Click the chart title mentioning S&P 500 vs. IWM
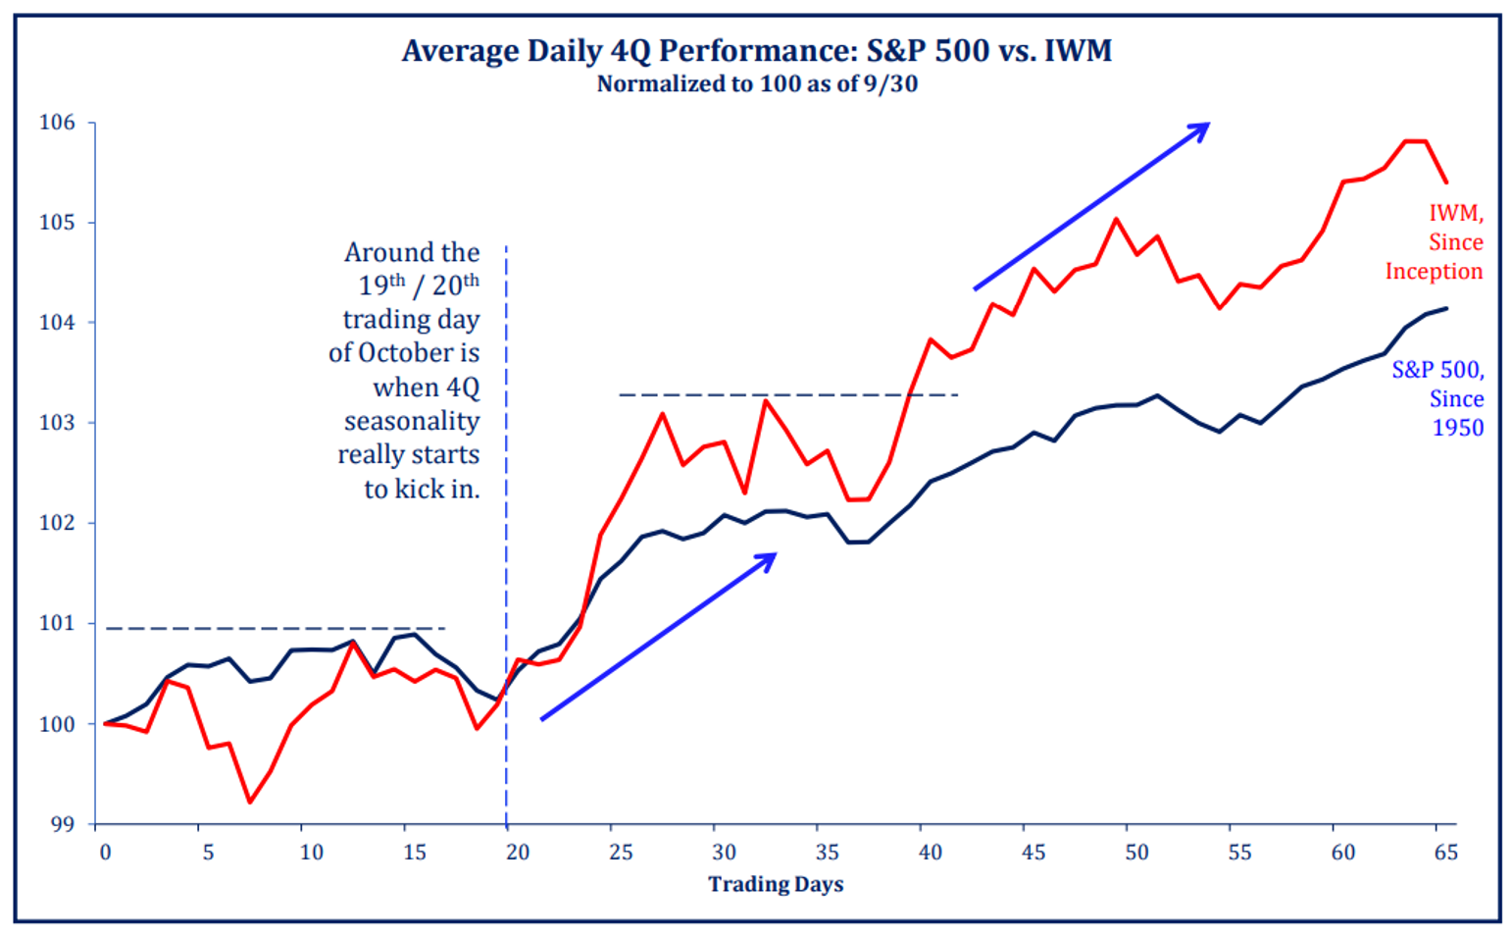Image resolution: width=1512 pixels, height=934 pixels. (x=756, y=50)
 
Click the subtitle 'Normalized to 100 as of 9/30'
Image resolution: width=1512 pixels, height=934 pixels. (x=756, y=84)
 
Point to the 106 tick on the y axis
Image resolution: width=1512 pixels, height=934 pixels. (x=57, y=123)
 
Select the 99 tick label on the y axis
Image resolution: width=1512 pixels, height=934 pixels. (x=61, y=824)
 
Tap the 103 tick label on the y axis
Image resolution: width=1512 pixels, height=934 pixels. (x=57, y=423)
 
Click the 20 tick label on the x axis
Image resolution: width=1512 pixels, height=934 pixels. (x=517, y=853)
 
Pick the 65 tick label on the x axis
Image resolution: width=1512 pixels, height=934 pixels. (x=1445, y=853)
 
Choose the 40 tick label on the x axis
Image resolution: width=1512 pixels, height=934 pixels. (x=930, y=853)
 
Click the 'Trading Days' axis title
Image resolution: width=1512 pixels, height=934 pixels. (x=776, y=885)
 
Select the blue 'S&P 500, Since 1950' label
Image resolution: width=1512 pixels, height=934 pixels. (x=1437, y=398)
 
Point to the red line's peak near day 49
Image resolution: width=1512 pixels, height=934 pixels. (x=1116, y=219)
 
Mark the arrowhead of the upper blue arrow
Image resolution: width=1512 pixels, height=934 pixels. (x=1205, y=126)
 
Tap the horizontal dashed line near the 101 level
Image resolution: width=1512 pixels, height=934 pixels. (x=275, y=628)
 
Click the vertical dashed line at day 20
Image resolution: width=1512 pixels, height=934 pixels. (x=506, y=589)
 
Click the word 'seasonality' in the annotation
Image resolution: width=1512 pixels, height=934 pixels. (x=411, y=422)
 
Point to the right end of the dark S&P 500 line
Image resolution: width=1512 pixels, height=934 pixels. (x=1446, y=309)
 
